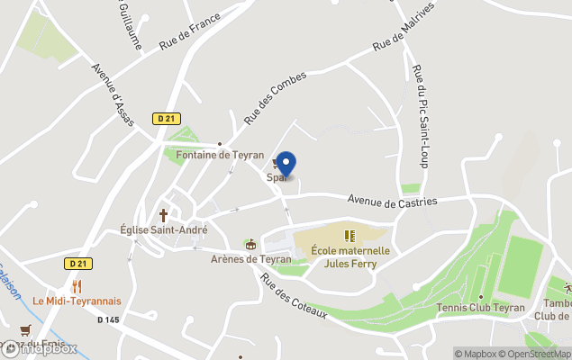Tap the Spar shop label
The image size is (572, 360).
tap(276, 177)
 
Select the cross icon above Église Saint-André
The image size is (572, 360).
tap(164, 215)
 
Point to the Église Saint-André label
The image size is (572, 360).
tap(164, 229)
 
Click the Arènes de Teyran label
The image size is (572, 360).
tap(250, 258)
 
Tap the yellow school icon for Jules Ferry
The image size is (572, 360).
tap(350, 237)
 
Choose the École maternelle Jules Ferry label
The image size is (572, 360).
tap(350, 256)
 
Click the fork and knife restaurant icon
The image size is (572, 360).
tap(77, 286)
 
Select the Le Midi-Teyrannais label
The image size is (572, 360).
tap(77, 301)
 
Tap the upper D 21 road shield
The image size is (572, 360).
tap(164, 119)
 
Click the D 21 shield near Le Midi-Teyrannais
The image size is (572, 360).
tap(78, 264)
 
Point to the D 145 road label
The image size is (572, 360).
tap(108, 319)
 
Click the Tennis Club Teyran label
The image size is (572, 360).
tap(481, 307)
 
